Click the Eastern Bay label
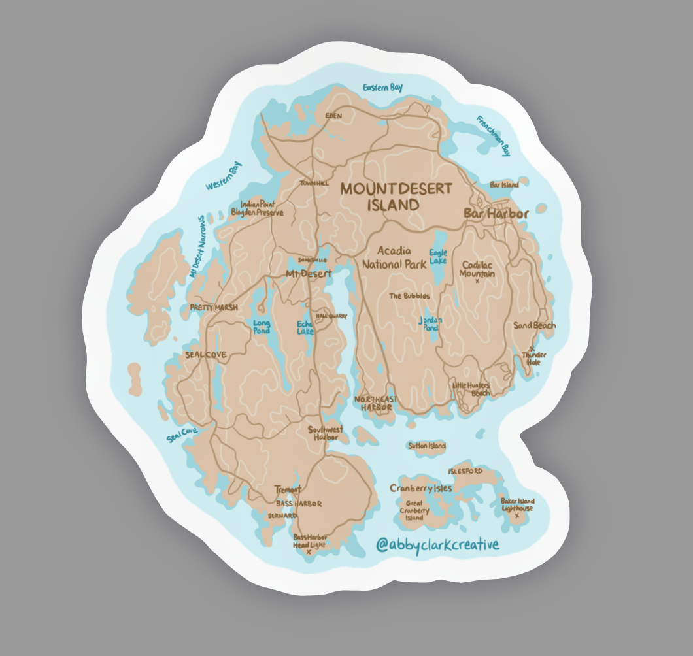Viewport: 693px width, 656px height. click(x=382, y=88)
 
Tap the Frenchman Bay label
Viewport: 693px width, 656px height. click(x=493, y=136)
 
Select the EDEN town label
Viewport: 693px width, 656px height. click(x=333, y=116)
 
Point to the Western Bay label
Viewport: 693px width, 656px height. click(x=224, y=177)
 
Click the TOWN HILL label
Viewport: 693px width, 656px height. click(x=314, y=184)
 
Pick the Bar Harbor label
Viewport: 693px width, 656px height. click(x=496, y=213)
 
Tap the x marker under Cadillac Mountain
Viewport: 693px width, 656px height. click(x=477, y=282)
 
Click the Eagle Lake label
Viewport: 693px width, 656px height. click(x=438, y=256)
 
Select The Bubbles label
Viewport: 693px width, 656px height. click(x=409, y=296)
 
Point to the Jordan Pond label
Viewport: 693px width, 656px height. click(x=430, y=323)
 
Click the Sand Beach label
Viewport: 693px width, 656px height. click(x=534, y=325)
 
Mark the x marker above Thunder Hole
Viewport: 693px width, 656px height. click(x=532, y=348)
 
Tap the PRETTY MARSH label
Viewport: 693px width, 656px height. click(x=213, y=307)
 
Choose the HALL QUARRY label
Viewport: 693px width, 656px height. click(x=331, y=316)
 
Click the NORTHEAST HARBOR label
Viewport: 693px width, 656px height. click(x=375, y=403)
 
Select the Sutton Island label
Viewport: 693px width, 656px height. click(x=426, y=446)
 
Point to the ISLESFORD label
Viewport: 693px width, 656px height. click(x=465, y=471)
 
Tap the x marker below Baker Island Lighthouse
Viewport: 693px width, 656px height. click(x=517, y=516)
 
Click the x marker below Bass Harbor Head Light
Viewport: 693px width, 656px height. click(x=309, y=551)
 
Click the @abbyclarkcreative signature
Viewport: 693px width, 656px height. click(x=437, y=544)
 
